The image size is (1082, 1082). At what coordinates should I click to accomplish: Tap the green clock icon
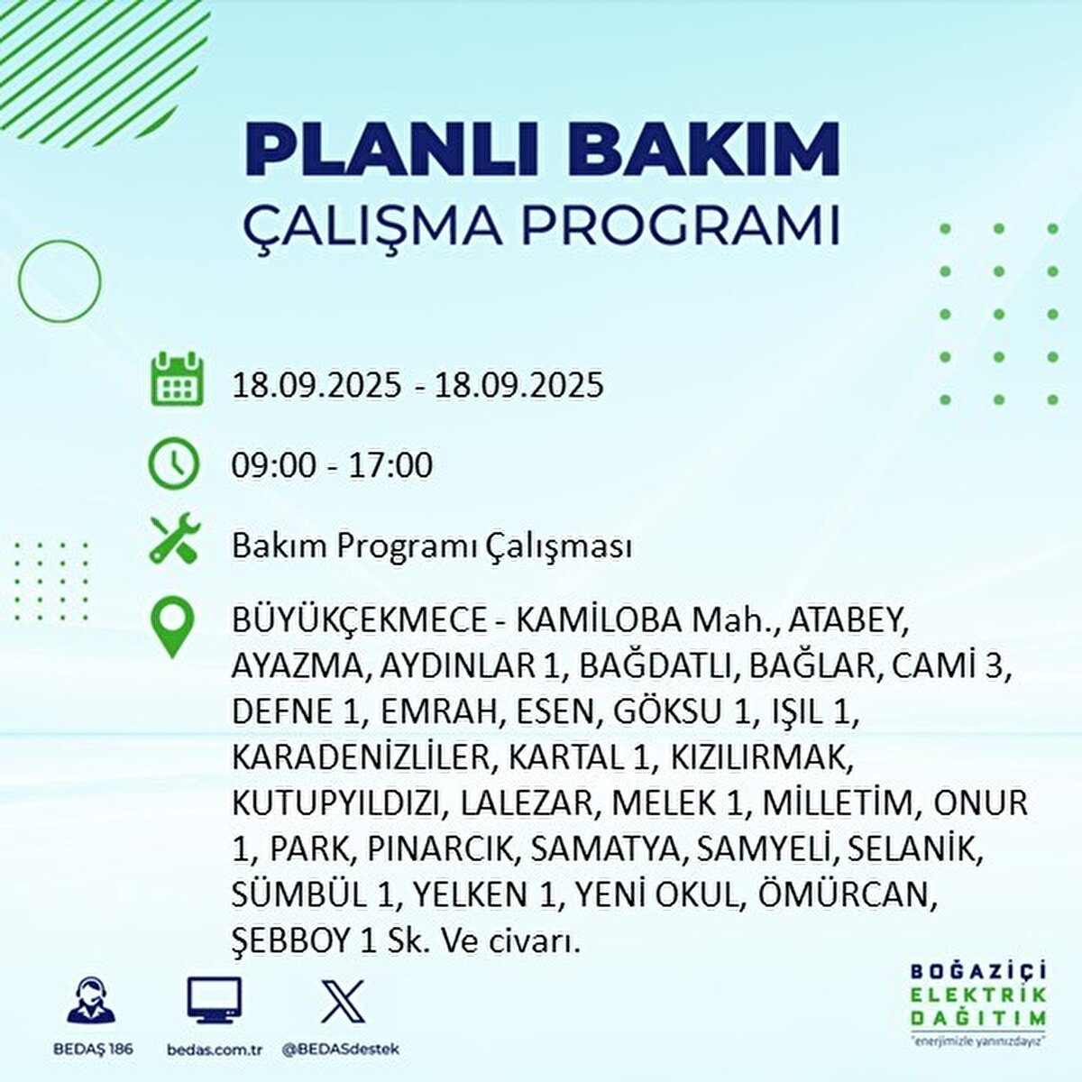(173, 463)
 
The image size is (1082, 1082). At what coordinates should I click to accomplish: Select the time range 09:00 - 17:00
(332, 465)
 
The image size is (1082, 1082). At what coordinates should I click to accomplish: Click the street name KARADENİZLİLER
(359, 757)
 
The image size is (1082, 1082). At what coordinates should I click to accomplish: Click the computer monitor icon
(214, 999)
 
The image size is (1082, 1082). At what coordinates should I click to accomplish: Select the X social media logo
(343, 1001)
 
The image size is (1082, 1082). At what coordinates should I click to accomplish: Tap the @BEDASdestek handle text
(340, 1050)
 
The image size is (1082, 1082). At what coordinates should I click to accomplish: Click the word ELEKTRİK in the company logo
(979, 995)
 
